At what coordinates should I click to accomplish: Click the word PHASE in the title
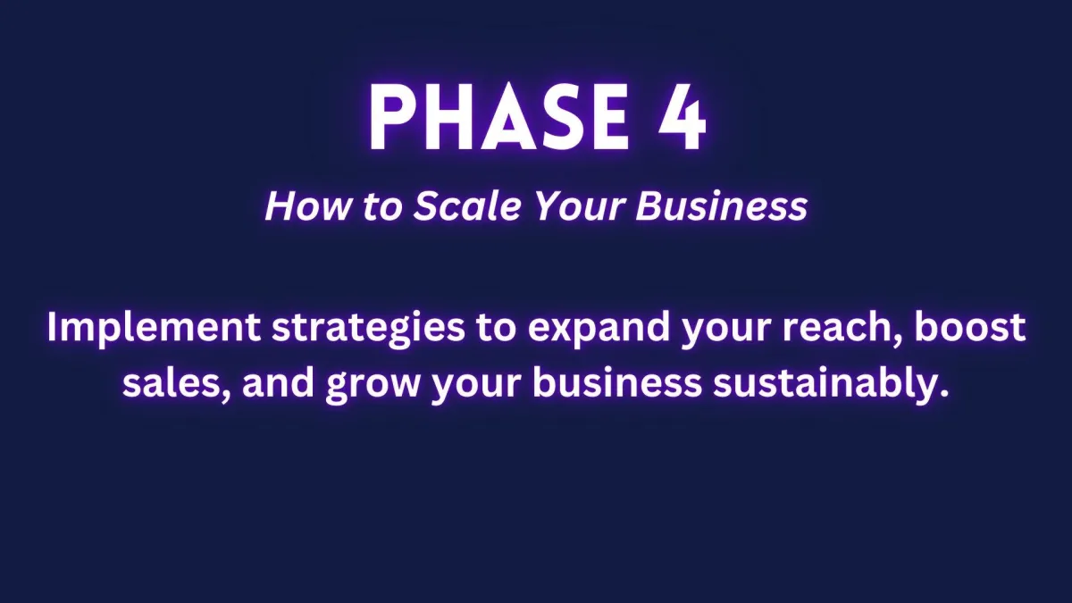click(x=498, y=117)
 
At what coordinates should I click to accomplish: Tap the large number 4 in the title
click(x=683, y=117)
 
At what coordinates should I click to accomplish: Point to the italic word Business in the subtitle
click(x=722, y=206)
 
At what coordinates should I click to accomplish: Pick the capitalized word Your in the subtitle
click(x=580, y=206)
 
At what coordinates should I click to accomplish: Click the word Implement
click(x=154, y=328)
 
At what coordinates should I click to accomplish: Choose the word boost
click(x=970, y=327)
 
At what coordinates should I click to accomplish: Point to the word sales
click(x=172, y=384)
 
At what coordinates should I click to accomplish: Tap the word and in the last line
click(x=278, y=383)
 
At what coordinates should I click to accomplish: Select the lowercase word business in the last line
click(x=617, y=383)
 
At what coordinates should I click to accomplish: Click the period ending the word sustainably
click(x=943, y=394)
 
